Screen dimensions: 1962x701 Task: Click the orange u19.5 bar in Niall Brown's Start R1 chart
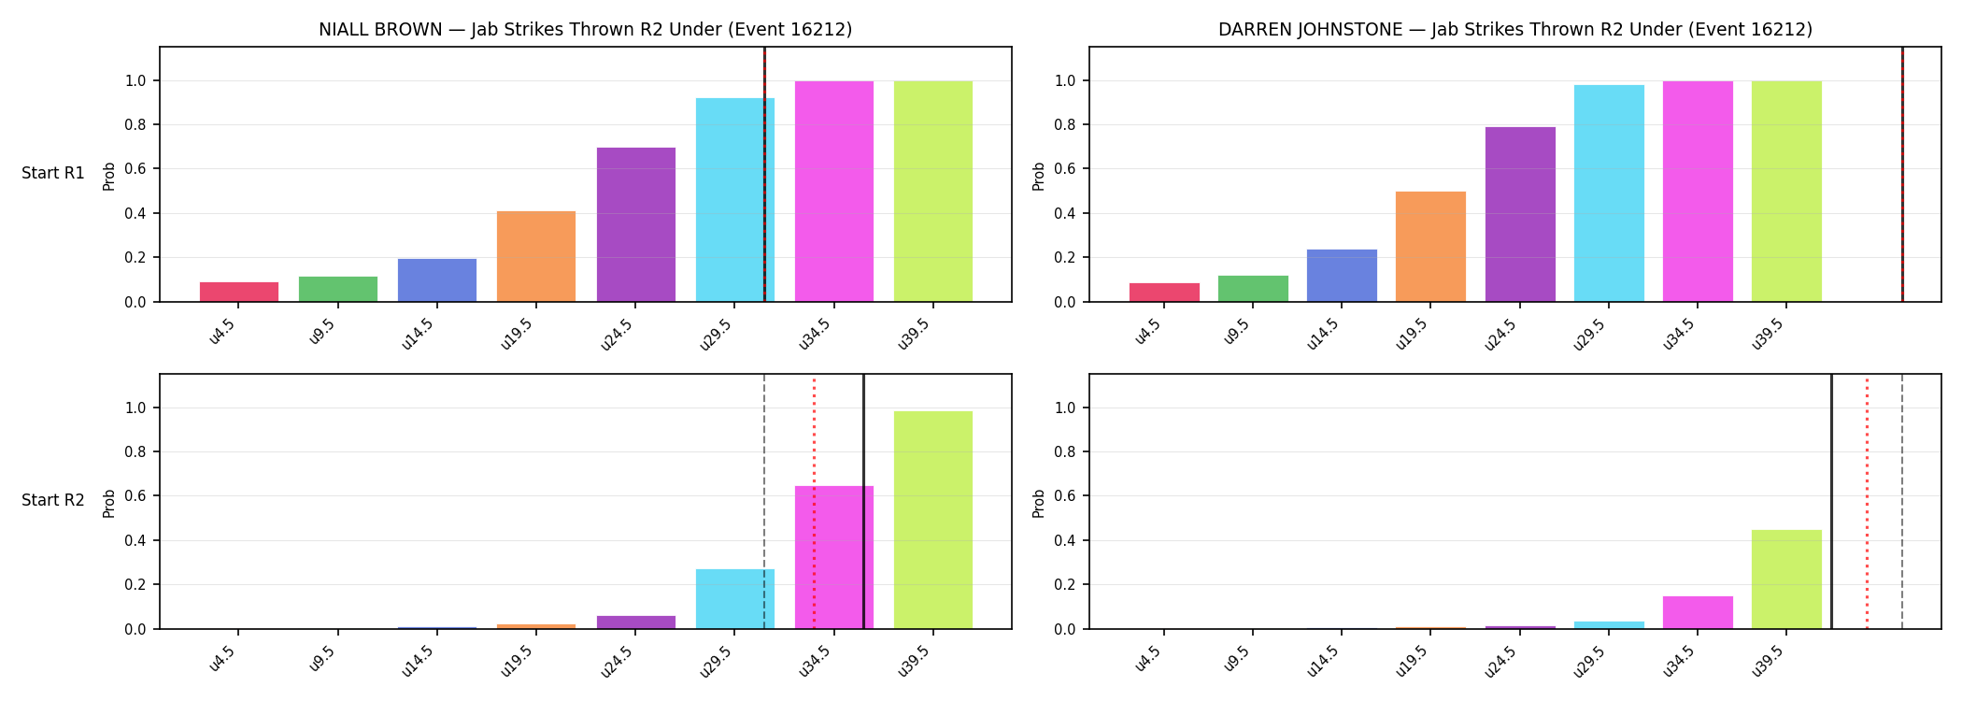(x=536, y=256)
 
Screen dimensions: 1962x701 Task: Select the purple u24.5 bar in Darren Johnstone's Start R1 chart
(x=1520, y=214)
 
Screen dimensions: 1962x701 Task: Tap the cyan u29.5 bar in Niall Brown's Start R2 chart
(x=735, y=599)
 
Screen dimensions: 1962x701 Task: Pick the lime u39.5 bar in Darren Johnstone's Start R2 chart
(x=1786, y=579)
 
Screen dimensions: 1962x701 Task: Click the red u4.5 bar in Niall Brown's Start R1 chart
(x=239, y=292)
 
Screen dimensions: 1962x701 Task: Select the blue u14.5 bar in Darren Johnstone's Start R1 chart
(x=1342, y=276)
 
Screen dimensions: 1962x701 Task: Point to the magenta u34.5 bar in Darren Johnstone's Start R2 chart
(x=1698, y=612)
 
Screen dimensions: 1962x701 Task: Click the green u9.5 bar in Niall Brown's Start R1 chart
(x=338, y=289)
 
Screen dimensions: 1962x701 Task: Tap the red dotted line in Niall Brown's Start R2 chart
(x=814, y=502)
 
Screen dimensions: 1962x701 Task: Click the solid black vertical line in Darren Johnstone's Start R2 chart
(x=1831, y=502)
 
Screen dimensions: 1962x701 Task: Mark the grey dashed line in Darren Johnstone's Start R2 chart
(x=1902, y=502)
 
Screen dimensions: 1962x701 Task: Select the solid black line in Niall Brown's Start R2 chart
(x=863, y=502)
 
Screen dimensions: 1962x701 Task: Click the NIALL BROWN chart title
(x=586, y=29)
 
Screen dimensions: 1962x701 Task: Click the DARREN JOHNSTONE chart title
(x=1515, y=29)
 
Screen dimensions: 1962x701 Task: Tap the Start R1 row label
(x=53, y=173)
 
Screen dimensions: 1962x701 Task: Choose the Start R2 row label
(x=53, y=500)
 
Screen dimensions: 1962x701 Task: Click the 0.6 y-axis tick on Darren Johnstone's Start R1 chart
(x=1063, y=169)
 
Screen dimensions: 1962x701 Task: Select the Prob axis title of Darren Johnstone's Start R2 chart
(x=1039, y=503)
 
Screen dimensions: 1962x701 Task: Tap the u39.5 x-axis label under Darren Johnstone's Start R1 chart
(x=1768, y=333)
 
